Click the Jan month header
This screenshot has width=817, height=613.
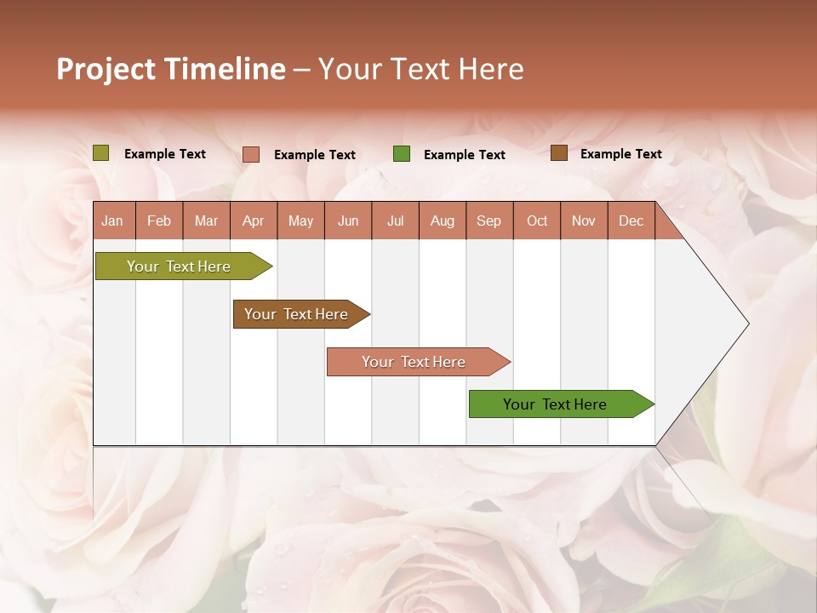click(x=113, y=221)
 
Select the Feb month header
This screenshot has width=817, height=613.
click(x=159, y=221)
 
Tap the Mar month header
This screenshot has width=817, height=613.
click(x=206, y=221)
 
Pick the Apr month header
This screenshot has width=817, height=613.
click(x=254, y=221)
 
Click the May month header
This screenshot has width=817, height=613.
click(x=300, y=221)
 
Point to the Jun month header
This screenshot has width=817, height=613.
click(x=348, y=221)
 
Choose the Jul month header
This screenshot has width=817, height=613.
click(x=395, y=221)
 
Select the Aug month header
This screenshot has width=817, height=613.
click(x=443, y=221)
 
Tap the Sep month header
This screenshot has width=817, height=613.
click(x=489, y=221)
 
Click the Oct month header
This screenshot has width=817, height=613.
click(x=537, y=221)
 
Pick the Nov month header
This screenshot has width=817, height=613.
click(x=584, y=221)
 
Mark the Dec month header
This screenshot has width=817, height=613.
click(x=631, y=221)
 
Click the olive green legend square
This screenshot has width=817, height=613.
click(x=101, y=153)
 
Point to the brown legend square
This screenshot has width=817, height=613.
click(x=559, y=153)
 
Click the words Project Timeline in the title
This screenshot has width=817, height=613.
click(x=171, y=69)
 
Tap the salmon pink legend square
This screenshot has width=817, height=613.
click(x=251, y=154)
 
